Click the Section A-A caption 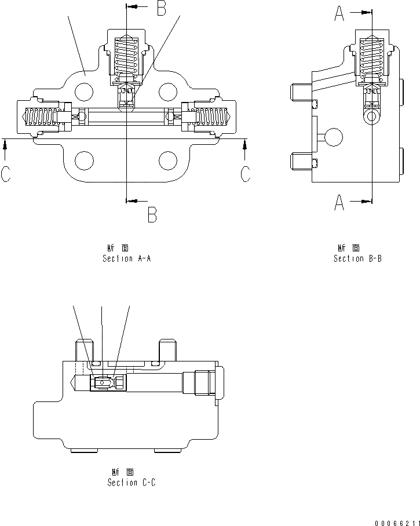[126, 258]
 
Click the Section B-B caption [357, 258]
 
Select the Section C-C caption [131, 482]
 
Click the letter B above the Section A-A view [161, 8]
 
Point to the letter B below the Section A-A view [152, 215]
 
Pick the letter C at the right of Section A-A [246, 173]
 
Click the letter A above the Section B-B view [340, 13]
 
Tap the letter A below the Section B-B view [339, 203]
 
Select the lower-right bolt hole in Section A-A [168, 160]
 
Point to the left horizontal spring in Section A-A [41, 118]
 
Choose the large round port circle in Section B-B [334, 138]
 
